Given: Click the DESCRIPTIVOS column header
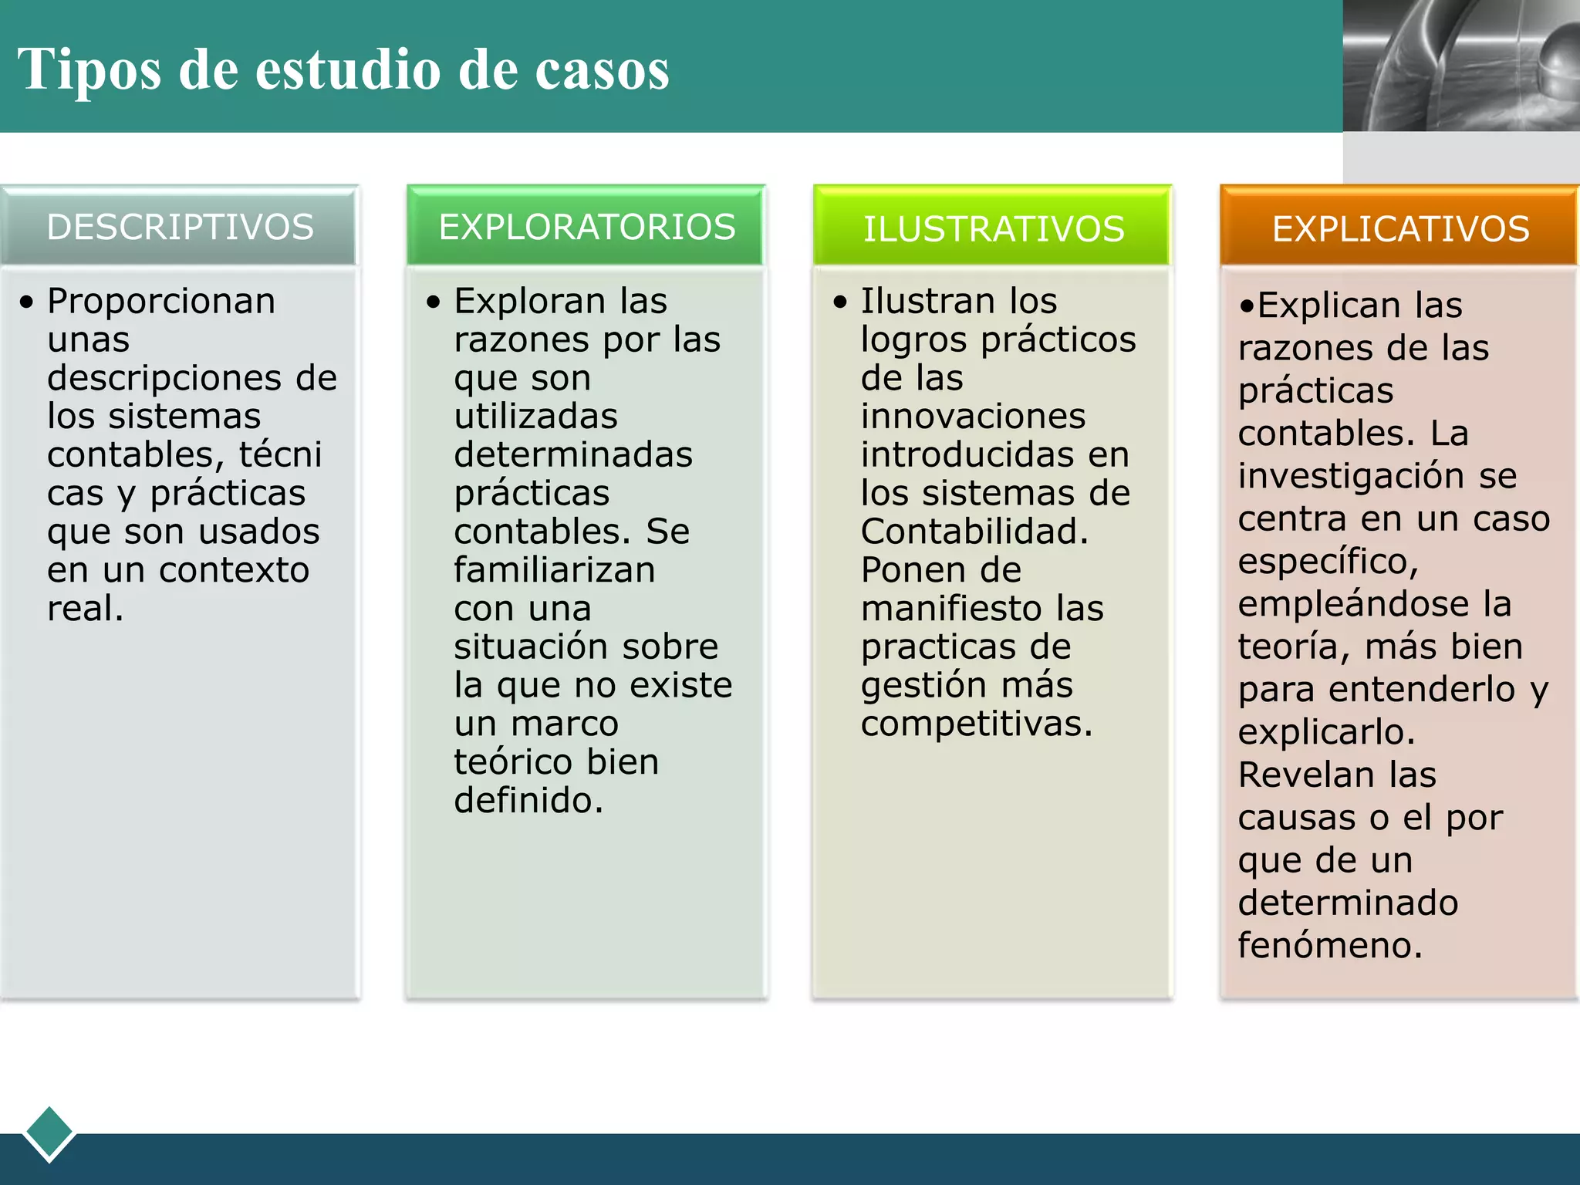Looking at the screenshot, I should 180,228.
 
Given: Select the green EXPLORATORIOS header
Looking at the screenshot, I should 587,228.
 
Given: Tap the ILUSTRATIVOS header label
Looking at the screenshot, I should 994,229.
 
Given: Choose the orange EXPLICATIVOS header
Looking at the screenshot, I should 1400,229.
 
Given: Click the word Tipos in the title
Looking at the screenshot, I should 89,70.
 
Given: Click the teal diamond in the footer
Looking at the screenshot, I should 49,1133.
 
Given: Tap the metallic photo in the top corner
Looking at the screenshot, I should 1461,66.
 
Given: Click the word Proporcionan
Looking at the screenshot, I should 161,301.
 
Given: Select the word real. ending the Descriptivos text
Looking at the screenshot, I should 86,608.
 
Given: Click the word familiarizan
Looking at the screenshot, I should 555,570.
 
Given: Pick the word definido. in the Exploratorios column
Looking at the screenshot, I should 528,800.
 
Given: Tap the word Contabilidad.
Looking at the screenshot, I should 974,532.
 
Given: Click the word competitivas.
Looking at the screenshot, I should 977,724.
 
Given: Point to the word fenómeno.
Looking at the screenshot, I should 1330,945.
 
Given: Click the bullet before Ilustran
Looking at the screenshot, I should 840,302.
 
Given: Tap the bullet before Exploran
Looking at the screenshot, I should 434,302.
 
